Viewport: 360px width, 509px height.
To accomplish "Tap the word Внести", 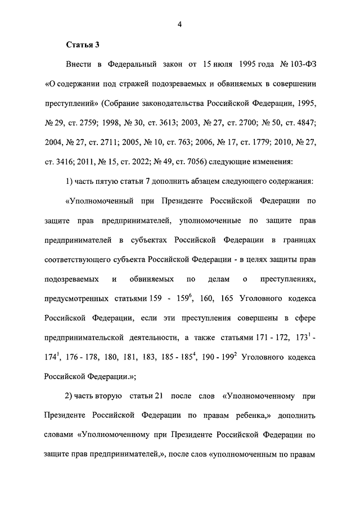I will coord(79,65).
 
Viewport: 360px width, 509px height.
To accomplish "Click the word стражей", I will coord(146,85).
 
